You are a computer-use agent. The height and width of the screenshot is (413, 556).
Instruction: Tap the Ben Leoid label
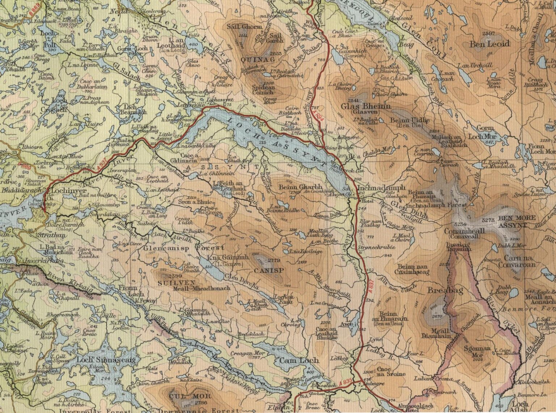coord(489,44)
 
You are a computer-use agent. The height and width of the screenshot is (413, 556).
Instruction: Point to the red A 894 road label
coord(318,115)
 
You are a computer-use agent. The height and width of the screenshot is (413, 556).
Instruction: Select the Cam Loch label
coord(299,360)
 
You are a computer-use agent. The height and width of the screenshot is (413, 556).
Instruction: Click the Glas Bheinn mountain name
coord(366,107)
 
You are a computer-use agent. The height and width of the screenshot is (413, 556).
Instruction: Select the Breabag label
coord(445,290)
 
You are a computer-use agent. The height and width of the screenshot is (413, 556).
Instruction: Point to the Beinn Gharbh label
coord(296,187)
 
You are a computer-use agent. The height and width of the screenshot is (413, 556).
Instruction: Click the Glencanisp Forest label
coord(184,248)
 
